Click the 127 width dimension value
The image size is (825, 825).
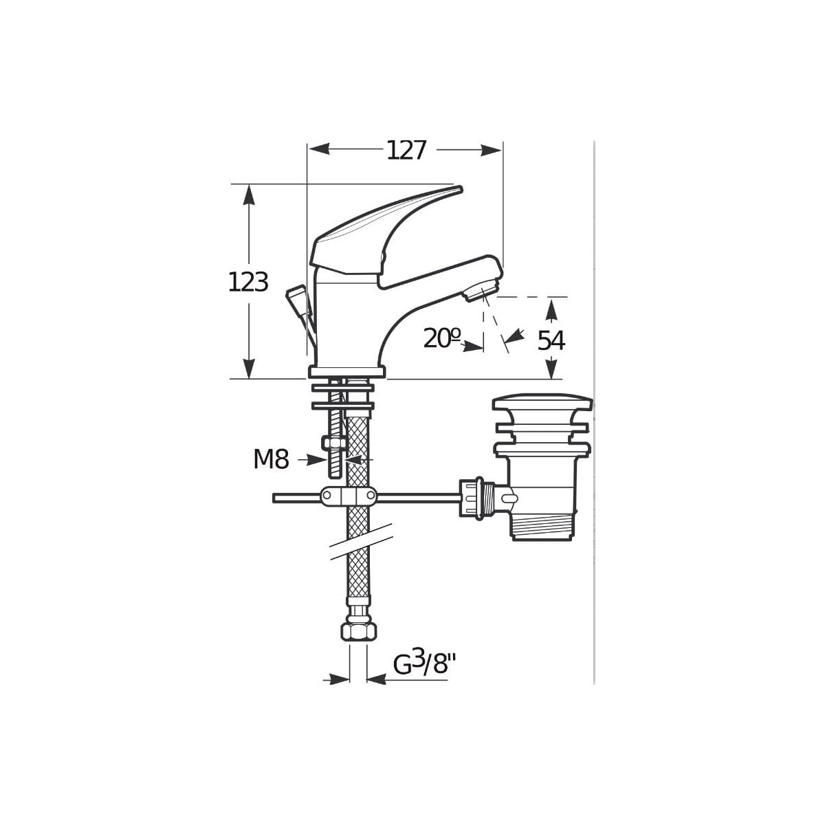point(406,151)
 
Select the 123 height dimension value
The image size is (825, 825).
point(248,283)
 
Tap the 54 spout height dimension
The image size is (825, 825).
point(551,341)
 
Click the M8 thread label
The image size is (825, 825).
point(272,459)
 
